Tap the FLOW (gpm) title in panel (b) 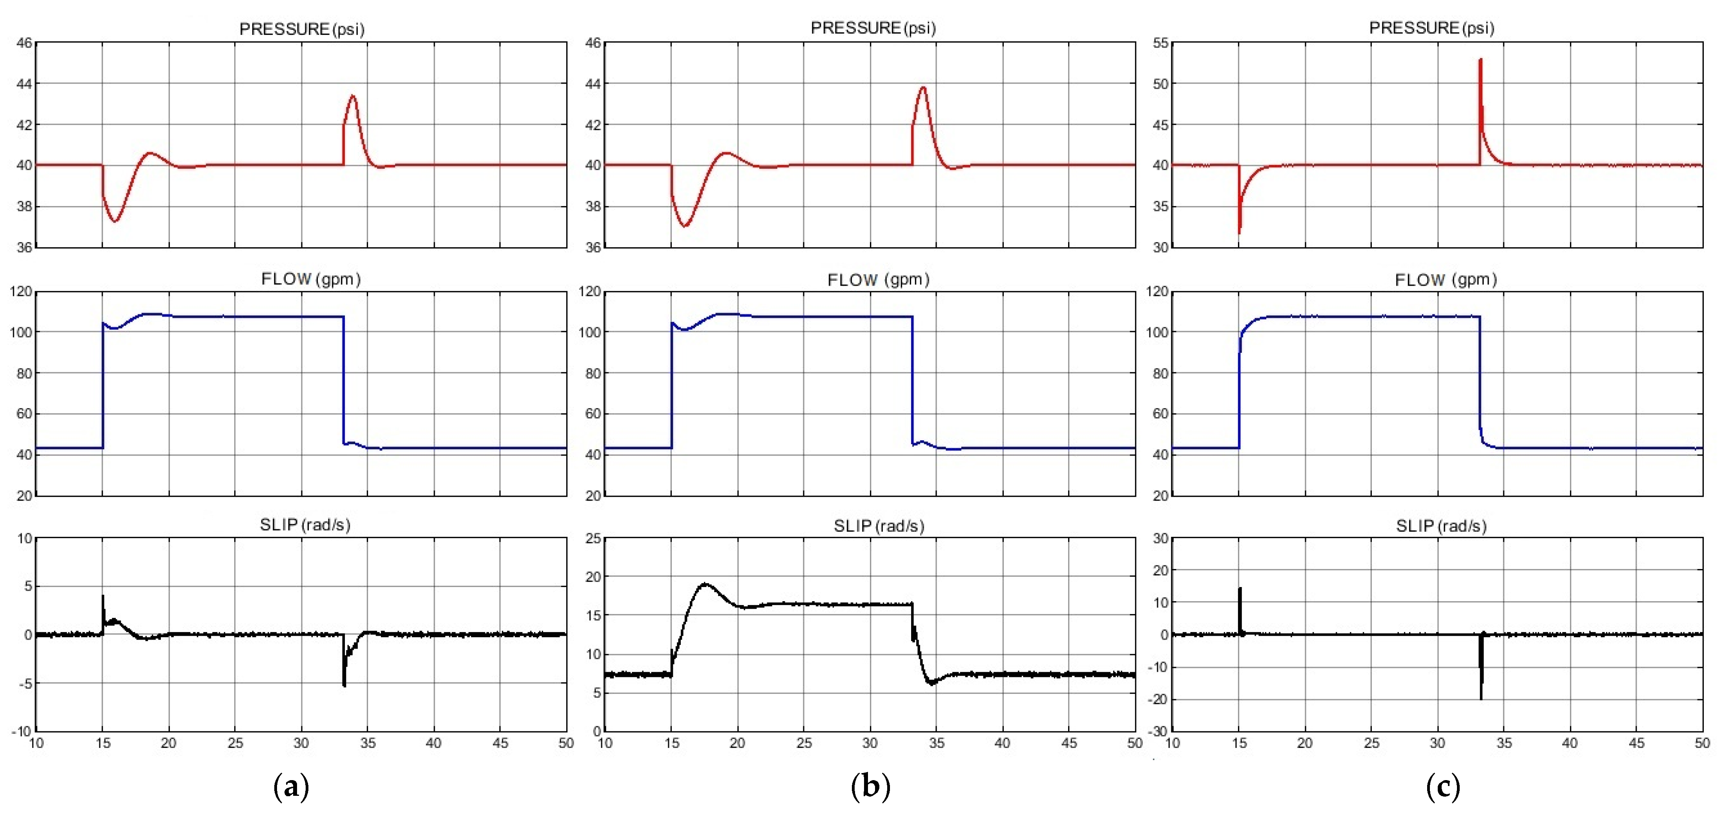878,280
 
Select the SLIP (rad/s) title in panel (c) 1441,526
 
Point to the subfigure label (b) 870,786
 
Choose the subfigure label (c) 1443,786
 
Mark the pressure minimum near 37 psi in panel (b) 685,226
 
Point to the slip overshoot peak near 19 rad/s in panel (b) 706,584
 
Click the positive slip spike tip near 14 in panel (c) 1240,589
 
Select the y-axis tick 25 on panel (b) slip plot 593,539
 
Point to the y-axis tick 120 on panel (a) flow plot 21,292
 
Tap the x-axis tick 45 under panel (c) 1636,743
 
